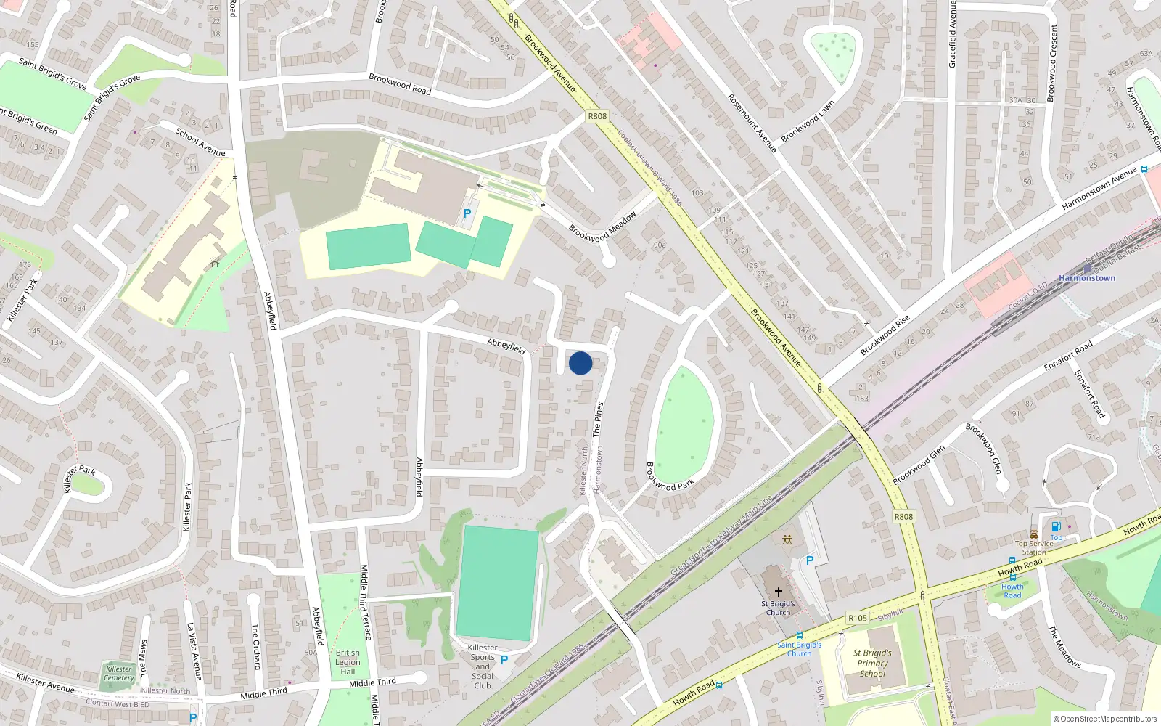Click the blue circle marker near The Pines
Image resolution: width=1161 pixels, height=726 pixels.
click(580, 363)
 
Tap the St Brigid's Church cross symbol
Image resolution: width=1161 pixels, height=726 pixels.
click(779, 592)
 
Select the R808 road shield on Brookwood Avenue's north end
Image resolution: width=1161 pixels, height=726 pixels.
click(597, 116)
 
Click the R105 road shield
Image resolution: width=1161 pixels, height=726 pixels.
click(858, 619)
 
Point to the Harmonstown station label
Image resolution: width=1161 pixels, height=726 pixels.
click(1086, 278)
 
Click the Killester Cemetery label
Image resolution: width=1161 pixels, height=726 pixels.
click(119, 674)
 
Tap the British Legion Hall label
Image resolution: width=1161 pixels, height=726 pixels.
click(348, 662)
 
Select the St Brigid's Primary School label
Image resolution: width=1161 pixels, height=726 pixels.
click(872, 663)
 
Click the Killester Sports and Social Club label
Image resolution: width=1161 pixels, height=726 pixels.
click(483, 666)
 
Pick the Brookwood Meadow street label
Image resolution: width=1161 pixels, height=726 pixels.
click(602, 227)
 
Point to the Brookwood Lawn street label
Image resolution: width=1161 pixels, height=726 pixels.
click(808, 121)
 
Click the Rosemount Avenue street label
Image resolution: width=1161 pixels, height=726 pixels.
click(752, 123)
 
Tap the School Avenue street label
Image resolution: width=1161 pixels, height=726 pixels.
click(200, 142)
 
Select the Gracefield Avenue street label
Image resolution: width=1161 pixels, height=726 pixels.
click(953, 35)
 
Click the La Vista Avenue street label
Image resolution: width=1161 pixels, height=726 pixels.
click(194, 651)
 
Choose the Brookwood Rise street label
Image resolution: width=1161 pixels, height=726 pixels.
click(885, 335)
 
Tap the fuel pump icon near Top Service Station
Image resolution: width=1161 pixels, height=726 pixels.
click(1056, 526)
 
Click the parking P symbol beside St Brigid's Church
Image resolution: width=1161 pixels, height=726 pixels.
click(810, 560)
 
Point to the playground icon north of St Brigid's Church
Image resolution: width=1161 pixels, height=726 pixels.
click(787, 539)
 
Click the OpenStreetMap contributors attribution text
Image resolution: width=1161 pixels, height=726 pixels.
click(1105, 719)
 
